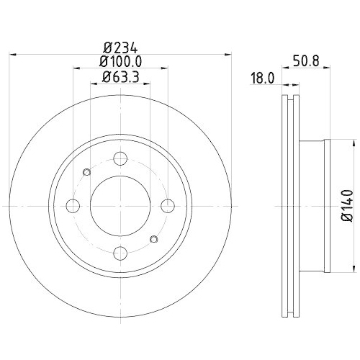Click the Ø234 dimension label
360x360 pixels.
[x=120, y=45]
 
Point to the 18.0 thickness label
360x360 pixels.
[x=264, y=80]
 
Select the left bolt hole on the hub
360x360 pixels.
[x=73, y=206]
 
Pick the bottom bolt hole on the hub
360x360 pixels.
[x=120, y=253]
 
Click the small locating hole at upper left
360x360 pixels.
[x=88, y=171]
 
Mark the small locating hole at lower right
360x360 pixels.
[x=153, y=240]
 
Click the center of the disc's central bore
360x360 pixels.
[x=120, y=206]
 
